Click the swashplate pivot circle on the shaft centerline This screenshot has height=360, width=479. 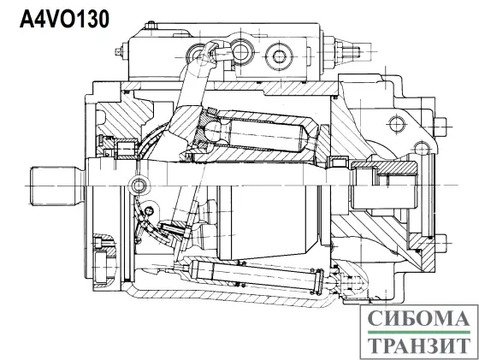point(138,185)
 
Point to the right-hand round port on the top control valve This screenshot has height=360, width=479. point(279,56)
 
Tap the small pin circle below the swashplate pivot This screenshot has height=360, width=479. point(150,210)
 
